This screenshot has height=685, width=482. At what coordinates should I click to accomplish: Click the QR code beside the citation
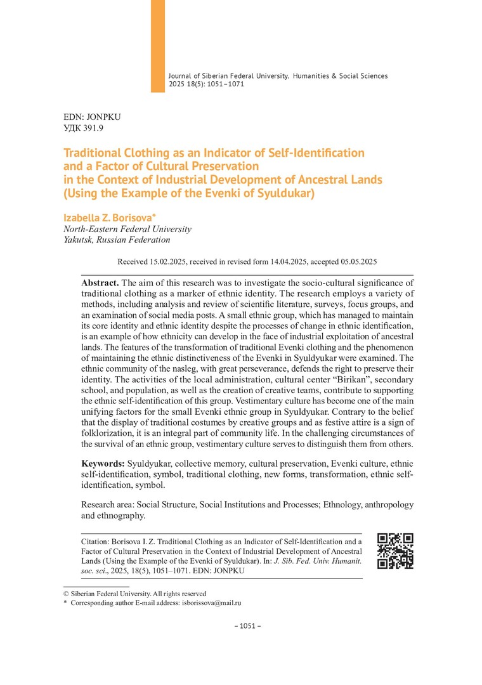(395, 551)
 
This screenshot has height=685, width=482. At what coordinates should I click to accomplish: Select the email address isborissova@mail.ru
(211, 603)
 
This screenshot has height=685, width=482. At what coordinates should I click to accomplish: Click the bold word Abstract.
(100, 282)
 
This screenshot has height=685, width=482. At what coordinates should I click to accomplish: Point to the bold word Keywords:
(103, 464)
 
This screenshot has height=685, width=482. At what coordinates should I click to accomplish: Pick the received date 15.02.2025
(173, 261)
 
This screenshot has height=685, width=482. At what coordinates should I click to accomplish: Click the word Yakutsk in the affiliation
(82, 240)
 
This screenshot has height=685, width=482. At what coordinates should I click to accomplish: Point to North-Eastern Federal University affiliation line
(127, 229)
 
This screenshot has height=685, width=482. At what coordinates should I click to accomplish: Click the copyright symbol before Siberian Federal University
(66, 593)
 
